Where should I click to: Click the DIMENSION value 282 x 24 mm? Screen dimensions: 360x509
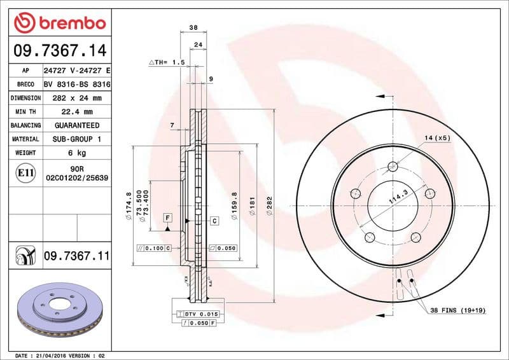pos(76,98)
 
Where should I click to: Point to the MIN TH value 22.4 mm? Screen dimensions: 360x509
pos(76,112)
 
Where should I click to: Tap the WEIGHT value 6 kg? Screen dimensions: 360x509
pos(76,153)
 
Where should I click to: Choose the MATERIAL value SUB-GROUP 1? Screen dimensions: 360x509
pos(76,139)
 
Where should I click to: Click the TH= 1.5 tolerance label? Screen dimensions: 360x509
pos(167,62)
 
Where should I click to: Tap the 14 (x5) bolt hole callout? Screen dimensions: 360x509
pos(437,138)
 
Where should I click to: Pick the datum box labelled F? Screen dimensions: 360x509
pos(167,217)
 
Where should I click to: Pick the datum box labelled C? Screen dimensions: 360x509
pos(214,221)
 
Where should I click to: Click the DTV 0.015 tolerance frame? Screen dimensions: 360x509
pos(199,314)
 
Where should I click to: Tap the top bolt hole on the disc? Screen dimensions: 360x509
pos(393,167)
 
